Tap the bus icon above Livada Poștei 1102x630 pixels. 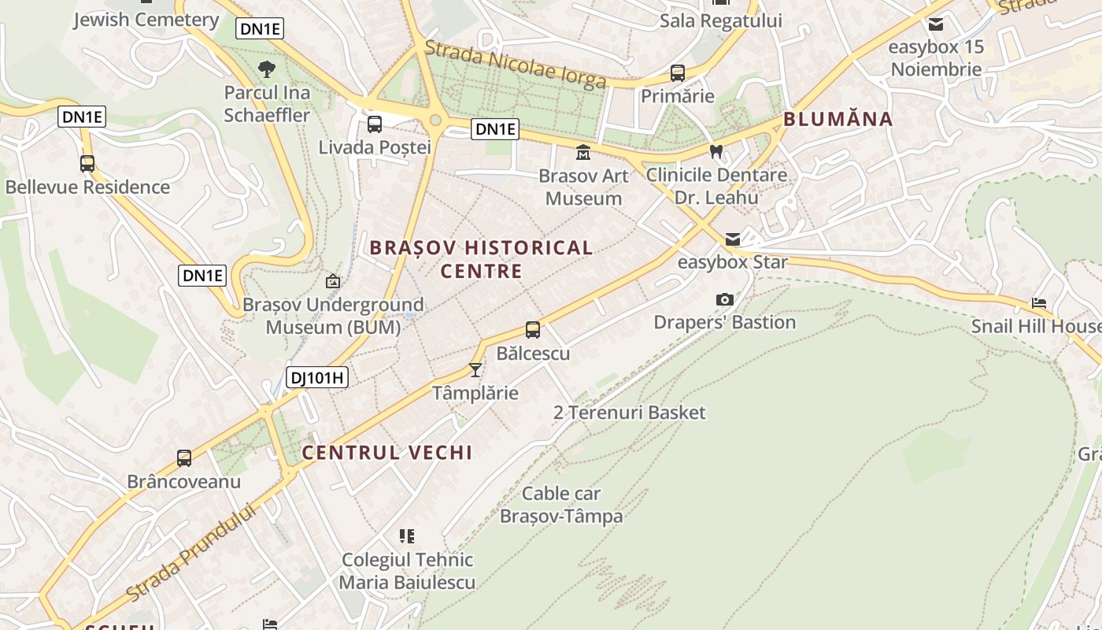[x=375, y=124]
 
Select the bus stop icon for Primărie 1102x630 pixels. [x=677, y=73]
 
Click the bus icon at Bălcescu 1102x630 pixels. [x=533, y=330]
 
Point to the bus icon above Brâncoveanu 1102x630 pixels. [x=184, y=458]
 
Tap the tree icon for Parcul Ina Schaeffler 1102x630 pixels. [x=267, y=69]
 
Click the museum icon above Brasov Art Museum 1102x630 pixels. [x=583, y=152]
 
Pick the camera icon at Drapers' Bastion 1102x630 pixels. [x=725, y=299]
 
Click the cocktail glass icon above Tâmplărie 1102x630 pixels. [x=475, y=369]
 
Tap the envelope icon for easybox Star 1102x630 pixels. [x=733, y=239]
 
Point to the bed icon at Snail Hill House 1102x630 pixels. [x=1039, y=303]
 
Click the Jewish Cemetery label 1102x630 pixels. [x=146, y=20]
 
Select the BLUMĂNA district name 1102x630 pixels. [x=838, y=119]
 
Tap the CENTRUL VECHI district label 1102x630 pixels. [x=387, y=453]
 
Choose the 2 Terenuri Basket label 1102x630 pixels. [x=630, y=413]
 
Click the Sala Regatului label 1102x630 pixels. [x=721, y=20]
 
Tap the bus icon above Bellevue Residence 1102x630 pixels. [x=87, y=164]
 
